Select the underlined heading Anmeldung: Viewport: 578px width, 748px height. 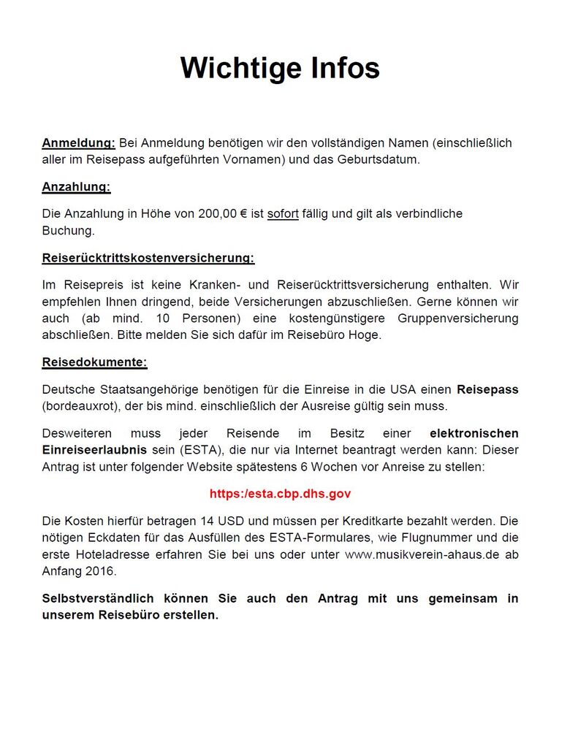(78, 142)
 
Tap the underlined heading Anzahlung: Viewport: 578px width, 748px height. (76, 186)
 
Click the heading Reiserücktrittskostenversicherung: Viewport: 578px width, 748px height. (148, 258)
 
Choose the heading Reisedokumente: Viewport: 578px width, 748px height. (94, 362)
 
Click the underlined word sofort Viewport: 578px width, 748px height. (283, 214)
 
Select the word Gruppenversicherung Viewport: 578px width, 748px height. (458, 318)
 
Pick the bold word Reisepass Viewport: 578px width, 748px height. (488, 389)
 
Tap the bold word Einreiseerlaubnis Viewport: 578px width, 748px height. (95, 449)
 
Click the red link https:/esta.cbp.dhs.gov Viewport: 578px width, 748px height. (280, 494)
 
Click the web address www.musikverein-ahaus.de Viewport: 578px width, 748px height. (422, 554)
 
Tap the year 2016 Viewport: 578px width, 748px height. (101, 570)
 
